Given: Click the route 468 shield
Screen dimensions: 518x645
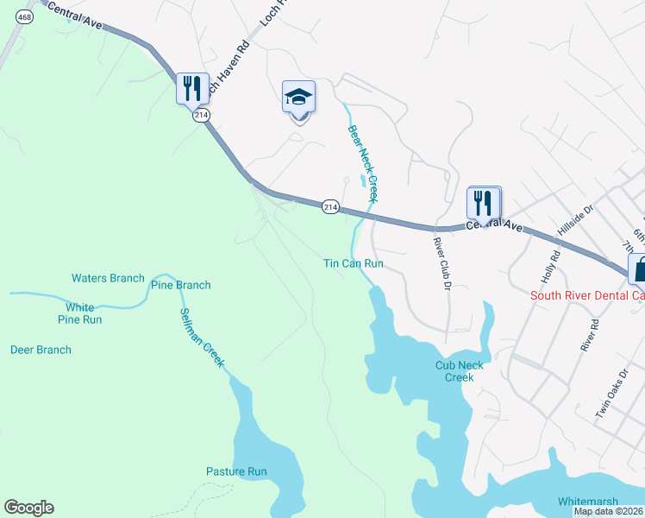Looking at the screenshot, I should tap(24, 17).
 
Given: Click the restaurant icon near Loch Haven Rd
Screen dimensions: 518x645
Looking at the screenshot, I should tap(192, 88).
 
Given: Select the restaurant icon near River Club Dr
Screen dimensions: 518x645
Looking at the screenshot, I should tap(484, 203).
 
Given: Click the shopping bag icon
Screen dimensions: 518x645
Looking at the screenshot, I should tap(639, 268).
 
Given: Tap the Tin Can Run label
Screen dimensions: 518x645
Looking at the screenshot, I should tap(353, 263).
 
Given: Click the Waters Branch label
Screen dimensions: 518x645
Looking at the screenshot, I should tap(108, 278).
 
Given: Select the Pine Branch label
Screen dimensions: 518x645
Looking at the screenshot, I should tap(180, 285).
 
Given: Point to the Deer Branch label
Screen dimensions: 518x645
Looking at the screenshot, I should tap(41, 350).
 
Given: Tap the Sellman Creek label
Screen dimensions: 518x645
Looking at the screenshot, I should tap(202, 338).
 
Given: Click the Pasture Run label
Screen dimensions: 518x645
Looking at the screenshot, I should tap(236, 471).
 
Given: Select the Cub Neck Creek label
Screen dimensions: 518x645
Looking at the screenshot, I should tap(459, 371).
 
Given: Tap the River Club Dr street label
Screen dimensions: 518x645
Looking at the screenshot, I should tap(441, 263).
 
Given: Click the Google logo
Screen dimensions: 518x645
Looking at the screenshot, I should tap(28, 508).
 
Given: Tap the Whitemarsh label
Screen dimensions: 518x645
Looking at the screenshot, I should tap(590, 502).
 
